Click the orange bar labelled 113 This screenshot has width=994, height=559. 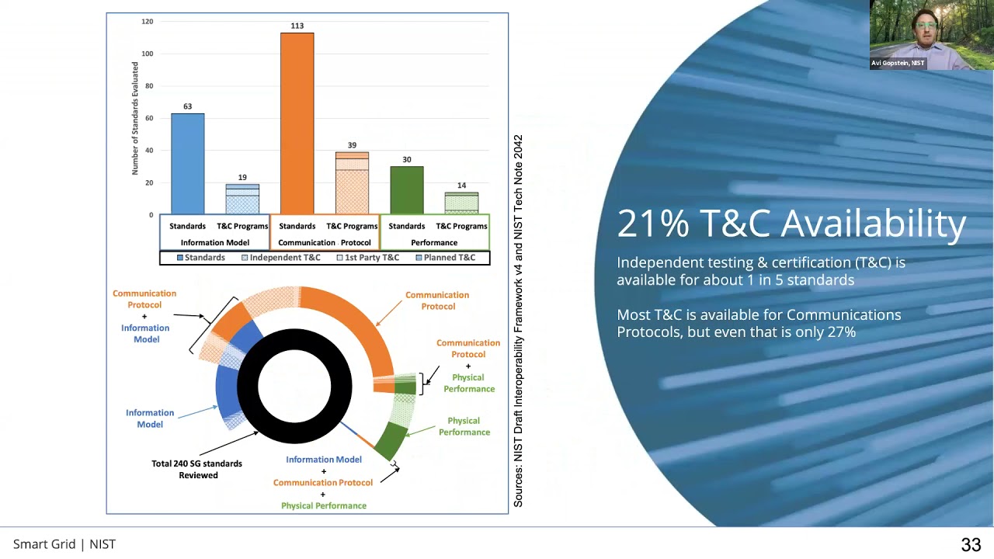[x=297, y=124]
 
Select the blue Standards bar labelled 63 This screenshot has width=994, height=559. [x=187, y=164]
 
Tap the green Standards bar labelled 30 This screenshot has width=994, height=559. [x=407, y=190]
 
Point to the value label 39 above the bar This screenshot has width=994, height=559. [x=352, y=145]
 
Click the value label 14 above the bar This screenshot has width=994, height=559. [x=461, y=186]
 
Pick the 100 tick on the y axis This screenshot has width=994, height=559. [x=147, y=54]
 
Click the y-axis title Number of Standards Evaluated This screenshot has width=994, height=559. [x=135, y=118]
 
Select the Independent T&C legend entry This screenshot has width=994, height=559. [x=280, y=258]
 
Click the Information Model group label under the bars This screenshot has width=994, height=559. [x=214, y=242]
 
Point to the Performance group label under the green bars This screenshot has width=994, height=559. [x=434, y=242]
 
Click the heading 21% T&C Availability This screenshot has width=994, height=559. [x=791, y=224]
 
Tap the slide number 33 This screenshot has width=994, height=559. [x=971, y=545]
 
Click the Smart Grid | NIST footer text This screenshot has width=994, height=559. [x=64, y=544]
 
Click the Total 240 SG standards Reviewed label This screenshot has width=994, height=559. [x=197, y=469]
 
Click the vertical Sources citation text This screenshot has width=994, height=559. [x=518, y=321]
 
